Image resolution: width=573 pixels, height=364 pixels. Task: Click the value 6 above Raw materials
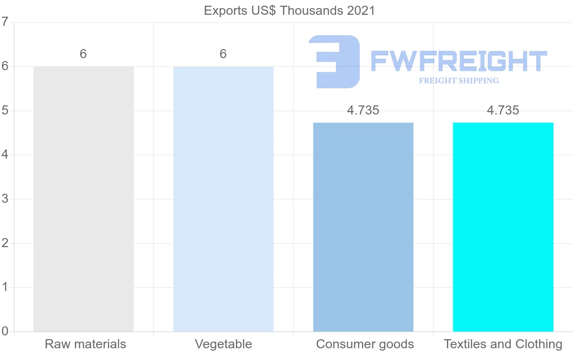click(x=83, y=54)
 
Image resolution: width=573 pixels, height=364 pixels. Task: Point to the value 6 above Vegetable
click(x=223, y=54)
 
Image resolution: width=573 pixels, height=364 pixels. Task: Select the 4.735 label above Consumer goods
click(x=363, y=111)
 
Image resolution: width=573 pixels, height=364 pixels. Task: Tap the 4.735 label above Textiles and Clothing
click(x=503, y=111)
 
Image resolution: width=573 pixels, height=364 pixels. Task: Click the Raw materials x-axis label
click(x=85, y=344)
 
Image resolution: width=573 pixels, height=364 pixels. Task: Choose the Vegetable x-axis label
click(x=223, y=344)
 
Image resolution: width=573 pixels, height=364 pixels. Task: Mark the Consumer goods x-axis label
click(x=365, y=344)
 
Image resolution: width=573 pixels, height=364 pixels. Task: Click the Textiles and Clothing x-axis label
click(x=503, y=344)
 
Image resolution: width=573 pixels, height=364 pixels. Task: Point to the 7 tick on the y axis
click(x=5, y=22)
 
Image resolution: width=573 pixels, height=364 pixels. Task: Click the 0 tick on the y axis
click(x=5, y=332)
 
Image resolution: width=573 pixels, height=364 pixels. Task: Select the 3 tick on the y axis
click(x=5, y=199)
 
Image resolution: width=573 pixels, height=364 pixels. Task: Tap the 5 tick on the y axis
click(x=5, y=111)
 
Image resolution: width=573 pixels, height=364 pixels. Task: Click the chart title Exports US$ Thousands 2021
click(x=289, y=10)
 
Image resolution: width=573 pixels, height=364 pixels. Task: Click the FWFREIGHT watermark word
click(x=458, y=62)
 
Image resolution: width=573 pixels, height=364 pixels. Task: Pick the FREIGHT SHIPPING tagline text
click(x=459, y=81)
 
